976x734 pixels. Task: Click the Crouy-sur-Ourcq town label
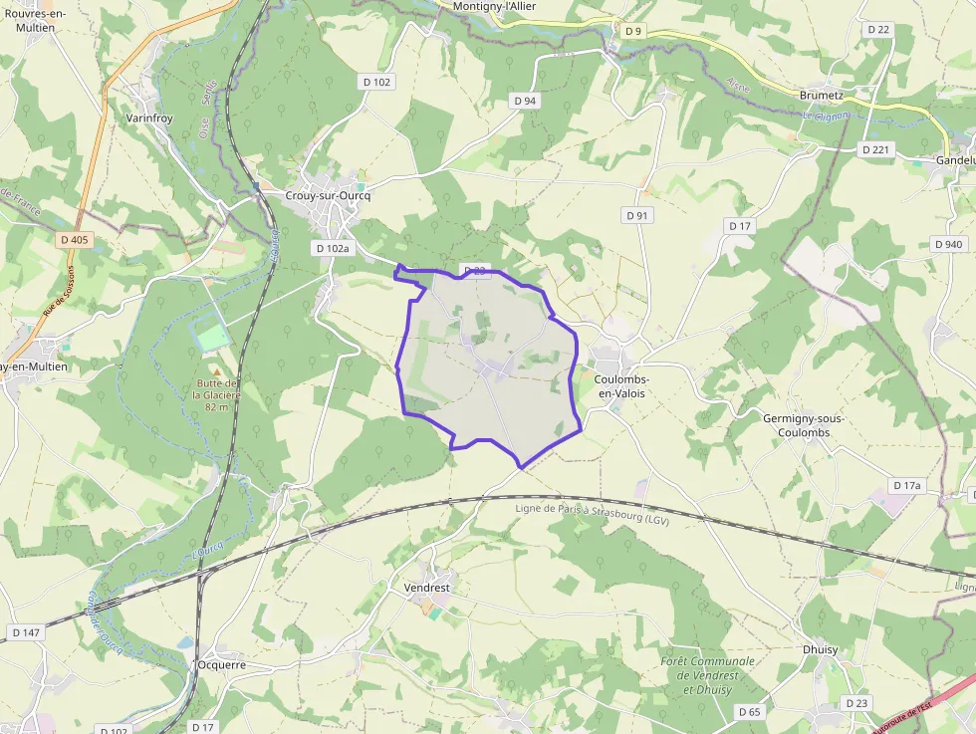click(328, 196)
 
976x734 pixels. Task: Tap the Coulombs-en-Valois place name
click(621, 386)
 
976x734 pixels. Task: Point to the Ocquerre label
click(221, 664)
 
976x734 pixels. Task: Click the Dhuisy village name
click(820, 648)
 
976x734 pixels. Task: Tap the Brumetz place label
click(822, 96)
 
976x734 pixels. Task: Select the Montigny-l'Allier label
click(495, 6)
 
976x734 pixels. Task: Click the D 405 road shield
click(74, 239)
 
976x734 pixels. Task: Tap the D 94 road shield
click(525, 101)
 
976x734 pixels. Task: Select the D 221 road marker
click(876, 149)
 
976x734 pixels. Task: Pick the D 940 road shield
click(949, 244)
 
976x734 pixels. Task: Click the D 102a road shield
click(332, 248)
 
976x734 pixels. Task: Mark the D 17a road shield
click(907, 485)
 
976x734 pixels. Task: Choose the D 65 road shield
click(750, 711)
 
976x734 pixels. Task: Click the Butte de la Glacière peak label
click(217, 395)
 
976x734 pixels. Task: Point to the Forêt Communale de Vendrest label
click(707, 675)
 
